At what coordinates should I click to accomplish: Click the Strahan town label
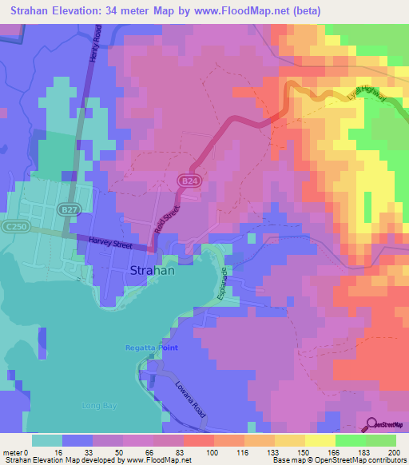[152, 271]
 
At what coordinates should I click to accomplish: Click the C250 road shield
[11, 227]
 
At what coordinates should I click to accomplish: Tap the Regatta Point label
[151, 348]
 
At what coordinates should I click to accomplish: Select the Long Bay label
[99, 406]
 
